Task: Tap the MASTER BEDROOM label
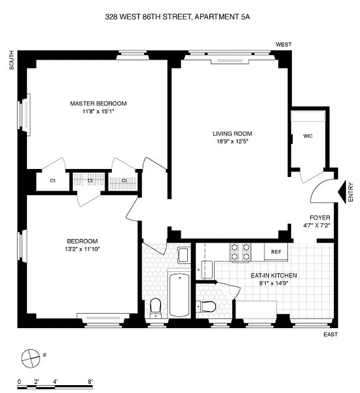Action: pos(98,103)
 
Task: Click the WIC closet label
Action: pos(308,136)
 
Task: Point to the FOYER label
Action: pos(320,218)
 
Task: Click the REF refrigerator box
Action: pos(276,252)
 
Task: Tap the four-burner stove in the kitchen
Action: pos(241,252)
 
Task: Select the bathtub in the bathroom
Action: pos(179,295)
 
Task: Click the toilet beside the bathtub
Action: pos(155,308)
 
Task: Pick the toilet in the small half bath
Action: pos(208,308)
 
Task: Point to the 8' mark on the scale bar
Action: pos(90,381)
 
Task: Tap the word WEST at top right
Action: pos(283,45)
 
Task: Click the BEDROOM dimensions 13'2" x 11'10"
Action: pos(83,249)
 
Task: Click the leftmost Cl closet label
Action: pos(53,180)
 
